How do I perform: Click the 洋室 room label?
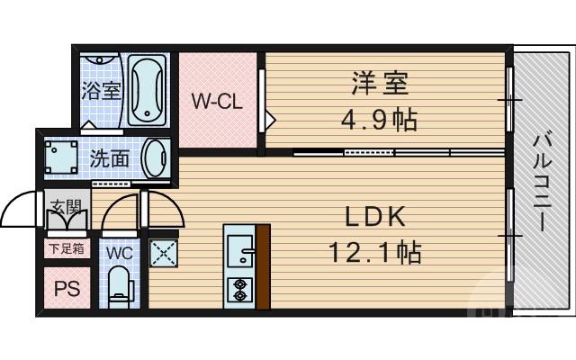(x=379, y=85)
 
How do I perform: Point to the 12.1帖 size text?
(x=376, y=253)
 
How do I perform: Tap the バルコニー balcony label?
(x=541, y=183)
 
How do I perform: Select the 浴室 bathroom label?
(x=100, y=91)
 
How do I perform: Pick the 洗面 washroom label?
(x=108, y=157)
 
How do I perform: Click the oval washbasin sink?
(x=155, y=158)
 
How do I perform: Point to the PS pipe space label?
(x=66, y=289)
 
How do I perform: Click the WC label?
(x=120, y=253)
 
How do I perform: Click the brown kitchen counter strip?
(x=263, y=267)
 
